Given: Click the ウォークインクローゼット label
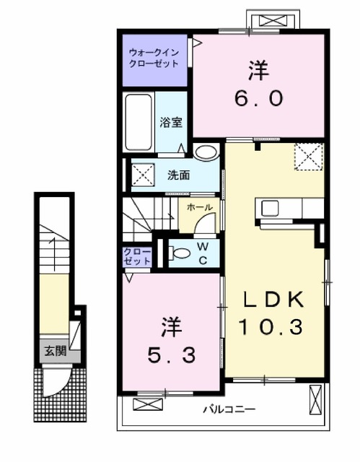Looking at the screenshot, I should (153, 57).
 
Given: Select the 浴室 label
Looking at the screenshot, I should (170, 122).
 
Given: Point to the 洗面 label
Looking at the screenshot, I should (179, 174).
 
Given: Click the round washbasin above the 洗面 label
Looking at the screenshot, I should (206, 152).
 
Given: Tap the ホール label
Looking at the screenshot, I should (200, 207).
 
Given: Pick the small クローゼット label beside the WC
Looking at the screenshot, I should (136, 256).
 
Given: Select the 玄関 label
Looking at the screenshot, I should (56, 352).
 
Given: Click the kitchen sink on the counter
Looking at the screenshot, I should (271, 208).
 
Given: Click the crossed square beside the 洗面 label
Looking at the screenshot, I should (141, 173).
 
